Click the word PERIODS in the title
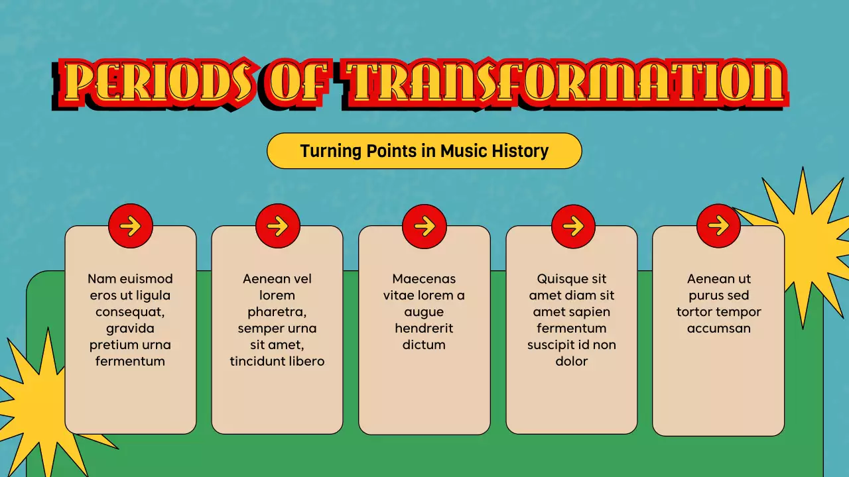point(159,84)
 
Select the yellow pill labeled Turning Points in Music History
point(424,151)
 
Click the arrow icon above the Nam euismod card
point(131,226)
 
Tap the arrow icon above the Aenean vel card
point(278,226)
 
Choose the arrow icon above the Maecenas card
point(424,226)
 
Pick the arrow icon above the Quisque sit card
point(573,226)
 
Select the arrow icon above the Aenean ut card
point(718,226)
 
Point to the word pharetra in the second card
point(277,312)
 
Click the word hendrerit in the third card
point(424,329)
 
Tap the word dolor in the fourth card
point(572,362)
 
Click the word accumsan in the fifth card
point(718,329)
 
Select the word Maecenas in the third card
point(424,279)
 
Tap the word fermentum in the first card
point(130,362)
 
